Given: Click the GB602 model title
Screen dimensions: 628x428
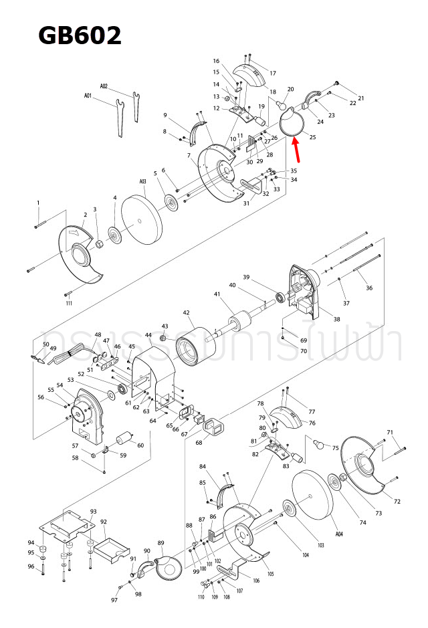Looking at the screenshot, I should click(80, 35).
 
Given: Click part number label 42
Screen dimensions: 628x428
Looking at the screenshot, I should click(187, 312).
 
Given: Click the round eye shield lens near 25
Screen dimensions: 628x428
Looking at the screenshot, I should click(292, 123).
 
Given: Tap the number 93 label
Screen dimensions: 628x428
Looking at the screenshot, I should click(93, 511).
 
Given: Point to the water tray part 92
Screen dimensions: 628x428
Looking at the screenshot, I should click(110, 546).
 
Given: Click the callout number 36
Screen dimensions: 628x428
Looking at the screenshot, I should click(369, 288).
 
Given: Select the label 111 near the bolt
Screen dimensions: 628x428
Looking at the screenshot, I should click(69, 303).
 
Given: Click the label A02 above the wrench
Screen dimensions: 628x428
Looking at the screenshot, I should click(104, 86).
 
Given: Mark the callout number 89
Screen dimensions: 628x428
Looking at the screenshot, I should click(160, 542).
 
